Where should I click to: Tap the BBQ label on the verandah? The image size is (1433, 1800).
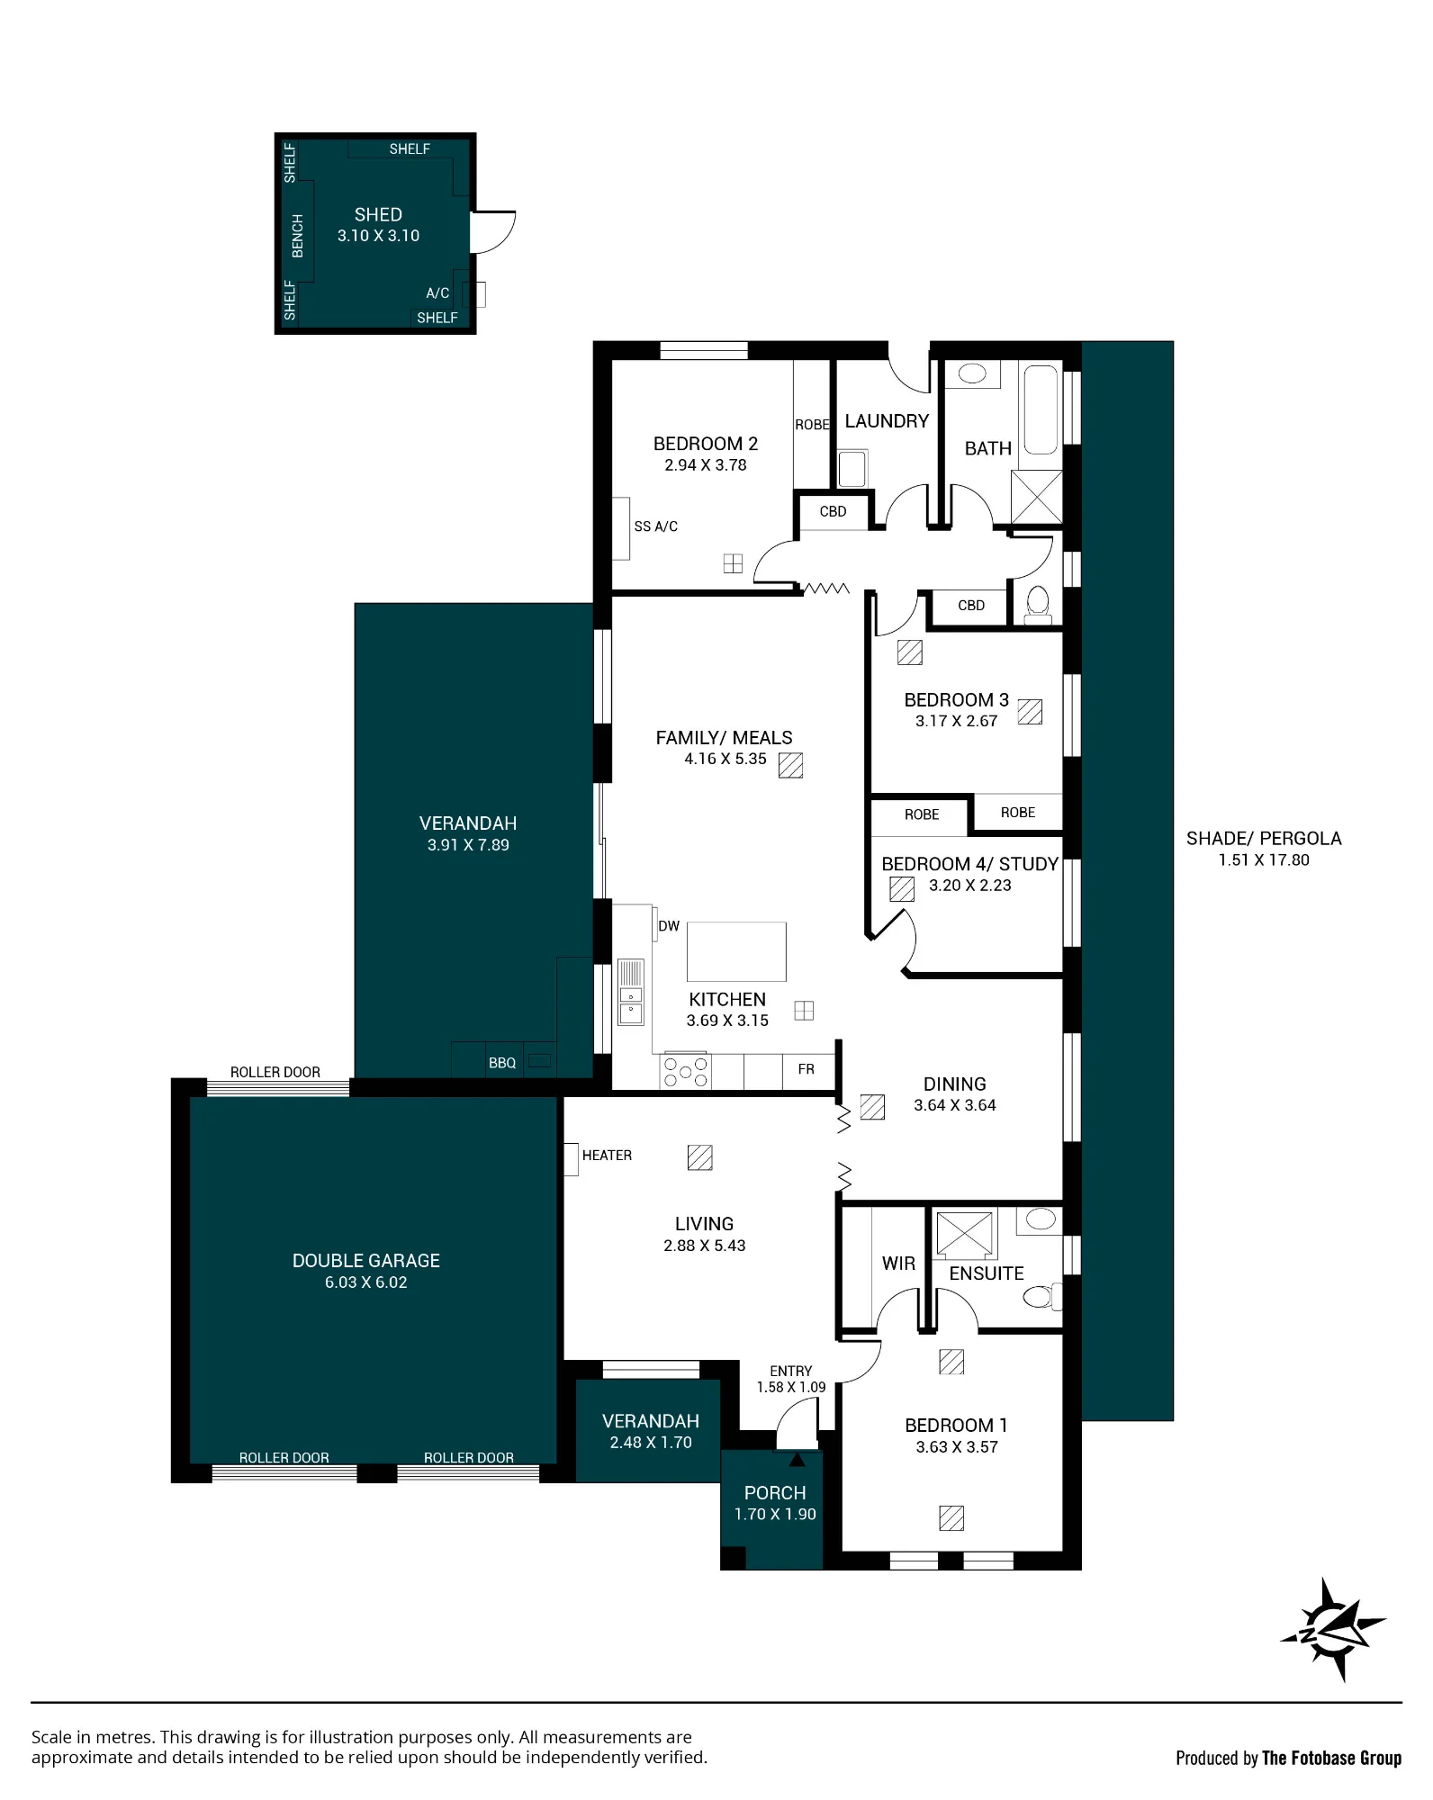click(x=502, y=1063)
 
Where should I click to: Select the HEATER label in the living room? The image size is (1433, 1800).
click(x=607, y=1155)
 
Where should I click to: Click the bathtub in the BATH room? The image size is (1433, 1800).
click(x=1041, y=409)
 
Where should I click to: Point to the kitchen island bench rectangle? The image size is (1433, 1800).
click(x=736, y=951)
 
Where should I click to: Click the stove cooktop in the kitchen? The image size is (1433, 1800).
click(x=686, y=1071)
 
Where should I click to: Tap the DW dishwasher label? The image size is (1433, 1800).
click(x=669, y=926)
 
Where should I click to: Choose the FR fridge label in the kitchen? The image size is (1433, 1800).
click(x=806, y=1069)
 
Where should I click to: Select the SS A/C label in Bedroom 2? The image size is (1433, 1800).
click(x=656, y=526)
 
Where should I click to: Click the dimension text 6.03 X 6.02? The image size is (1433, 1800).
click(x=366, y=1282)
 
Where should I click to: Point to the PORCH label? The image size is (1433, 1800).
click(x=775, y=1493)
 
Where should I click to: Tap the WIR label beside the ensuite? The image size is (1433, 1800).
click(x=898, y=1264)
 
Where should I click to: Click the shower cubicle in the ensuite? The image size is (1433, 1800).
click(x=964, y=1234)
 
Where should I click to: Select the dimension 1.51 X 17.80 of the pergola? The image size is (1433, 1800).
click(x=1264, y=860)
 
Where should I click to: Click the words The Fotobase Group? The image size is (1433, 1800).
click(x=1331, y=1758)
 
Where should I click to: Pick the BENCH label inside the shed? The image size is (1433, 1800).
click(x=298, y=236)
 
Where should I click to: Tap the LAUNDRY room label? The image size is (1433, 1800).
click(x=887, y=421)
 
